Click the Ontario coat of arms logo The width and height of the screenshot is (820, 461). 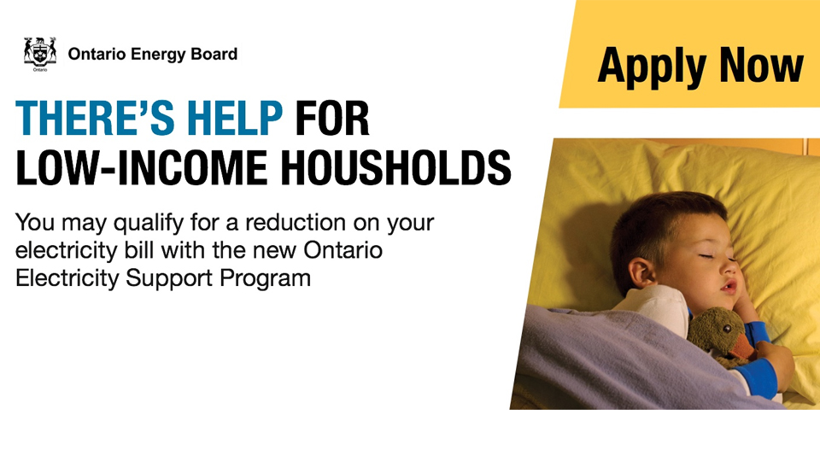pyautogui.click(x=40, y=54)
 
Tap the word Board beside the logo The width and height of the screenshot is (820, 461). pyautogui.click(x=214, y=54)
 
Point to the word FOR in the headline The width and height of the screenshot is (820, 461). pyautogui.click(x=332, y=118)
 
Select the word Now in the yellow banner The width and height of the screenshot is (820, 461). pyautogui.click(x=761, y=65)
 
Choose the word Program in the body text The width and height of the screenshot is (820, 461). pyautogui.click(x=265, y=278)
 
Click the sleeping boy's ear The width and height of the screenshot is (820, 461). pyautogui.click(x=641, y=273)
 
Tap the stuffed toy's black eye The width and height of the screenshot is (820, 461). pyautogui.click(x=726, y=329)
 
